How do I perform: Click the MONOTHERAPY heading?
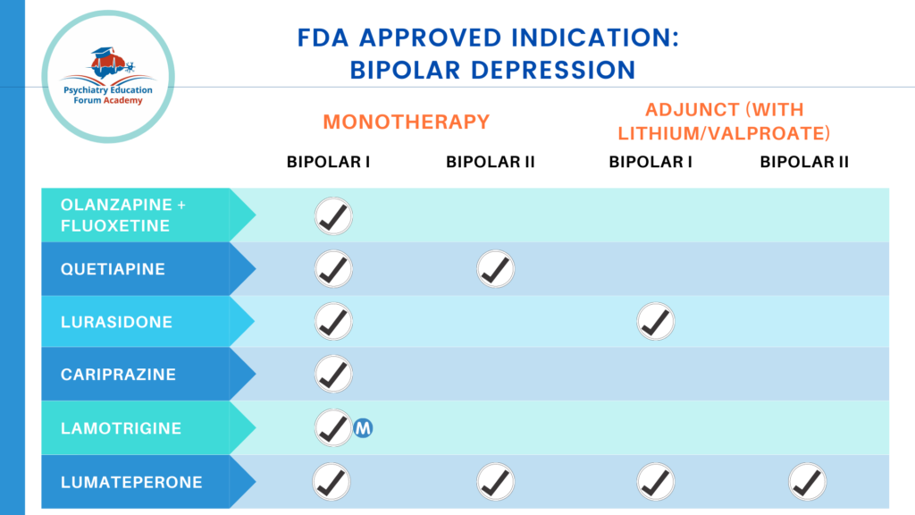[x=407, y=122]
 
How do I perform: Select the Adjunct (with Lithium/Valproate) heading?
[x=725, y=122]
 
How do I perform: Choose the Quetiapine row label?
[x=113, y=268]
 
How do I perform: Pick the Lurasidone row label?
[x=116, y=321]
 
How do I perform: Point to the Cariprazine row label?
[x=118, y=375]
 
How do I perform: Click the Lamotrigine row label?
[x=121, y=428]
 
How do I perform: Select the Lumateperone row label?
[x=130, y=482]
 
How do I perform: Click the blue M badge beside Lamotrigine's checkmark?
[x=363, y=428]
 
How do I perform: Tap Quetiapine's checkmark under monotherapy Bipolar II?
[x=495, y=268]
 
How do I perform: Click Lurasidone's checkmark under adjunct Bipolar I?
[x=656, y=321]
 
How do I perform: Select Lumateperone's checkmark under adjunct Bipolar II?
[x=808, y=482]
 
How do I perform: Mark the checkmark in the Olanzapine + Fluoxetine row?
[x=333, y=215]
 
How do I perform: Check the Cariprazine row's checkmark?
[x=333, y=375]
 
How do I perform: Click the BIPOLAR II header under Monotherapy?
[x=490, y=163]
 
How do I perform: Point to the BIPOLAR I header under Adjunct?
[x=651, y=163]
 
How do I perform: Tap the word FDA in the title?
[x=323, y=38]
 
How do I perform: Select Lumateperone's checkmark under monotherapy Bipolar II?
[x=495, y=482]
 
